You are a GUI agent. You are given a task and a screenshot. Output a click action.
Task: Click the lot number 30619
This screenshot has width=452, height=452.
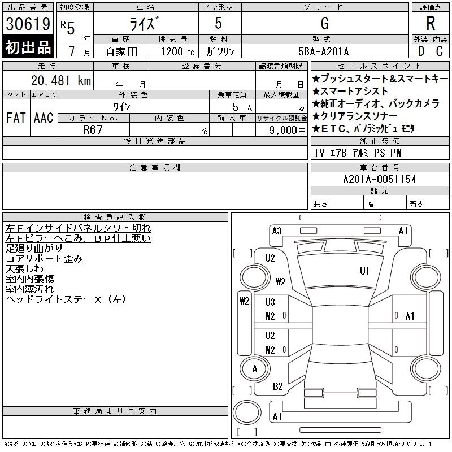(x=28, y=24)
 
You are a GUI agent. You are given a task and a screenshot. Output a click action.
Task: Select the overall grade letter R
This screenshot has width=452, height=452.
(x=431, y=23)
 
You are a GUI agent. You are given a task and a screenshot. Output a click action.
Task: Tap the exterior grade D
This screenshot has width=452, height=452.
(x=421, y=51)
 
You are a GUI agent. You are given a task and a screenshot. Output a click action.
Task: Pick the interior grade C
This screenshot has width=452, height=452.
(x=440, y=51)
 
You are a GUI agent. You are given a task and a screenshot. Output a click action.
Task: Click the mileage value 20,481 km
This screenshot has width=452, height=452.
(x=61, y=81)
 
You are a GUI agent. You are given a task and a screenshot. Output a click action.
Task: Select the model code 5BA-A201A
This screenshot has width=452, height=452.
(x=323, y=52)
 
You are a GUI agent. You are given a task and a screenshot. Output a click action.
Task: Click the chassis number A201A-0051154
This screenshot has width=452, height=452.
(x=380, y=179)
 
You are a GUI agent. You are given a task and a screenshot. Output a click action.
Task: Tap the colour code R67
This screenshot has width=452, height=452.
(x=93, y=130)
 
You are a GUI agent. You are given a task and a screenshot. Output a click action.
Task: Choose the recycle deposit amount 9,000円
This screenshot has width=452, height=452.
(x=287, y=131)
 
